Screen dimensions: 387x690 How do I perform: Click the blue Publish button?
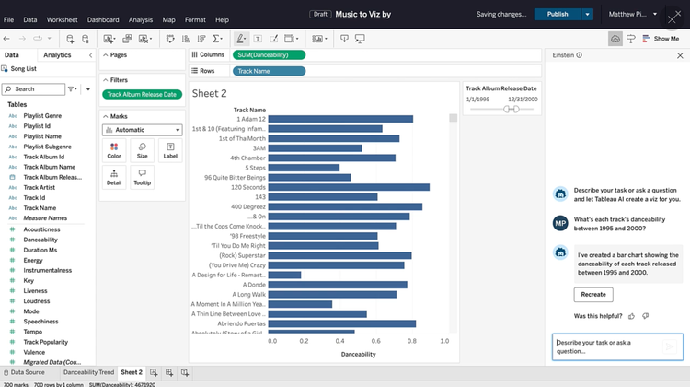557,14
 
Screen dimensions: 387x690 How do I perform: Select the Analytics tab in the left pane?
57,55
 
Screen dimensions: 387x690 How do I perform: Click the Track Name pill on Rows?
253,71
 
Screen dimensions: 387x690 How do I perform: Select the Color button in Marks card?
114,150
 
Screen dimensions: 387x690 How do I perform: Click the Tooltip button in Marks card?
142,177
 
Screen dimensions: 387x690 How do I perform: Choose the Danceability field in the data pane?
40,239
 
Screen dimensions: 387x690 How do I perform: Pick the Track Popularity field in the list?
45,342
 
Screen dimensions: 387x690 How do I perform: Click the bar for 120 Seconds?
350,187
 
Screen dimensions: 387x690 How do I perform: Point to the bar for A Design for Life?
285,275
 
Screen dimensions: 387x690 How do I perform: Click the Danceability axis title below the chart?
358,354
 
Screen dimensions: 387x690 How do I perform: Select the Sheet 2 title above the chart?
209,94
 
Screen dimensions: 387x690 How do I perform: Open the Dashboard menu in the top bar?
103,19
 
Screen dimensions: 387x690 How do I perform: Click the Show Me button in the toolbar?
661,39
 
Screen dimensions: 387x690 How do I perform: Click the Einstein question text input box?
607,346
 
